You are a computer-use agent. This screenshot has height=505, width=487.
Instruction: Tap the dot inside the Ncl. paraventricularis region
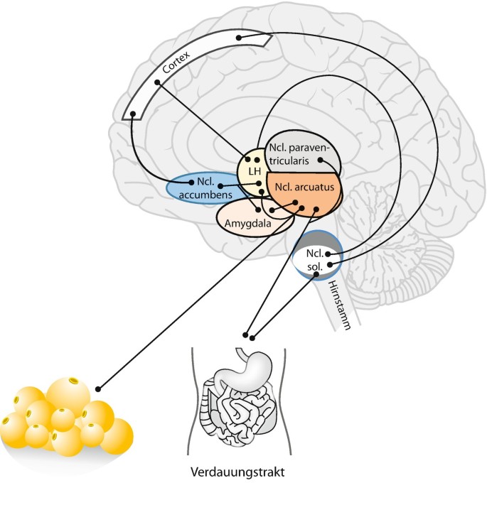click(321, 160)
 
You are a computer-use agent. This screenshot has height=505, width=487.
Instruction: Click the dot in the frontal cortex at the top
click(239, 37)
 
